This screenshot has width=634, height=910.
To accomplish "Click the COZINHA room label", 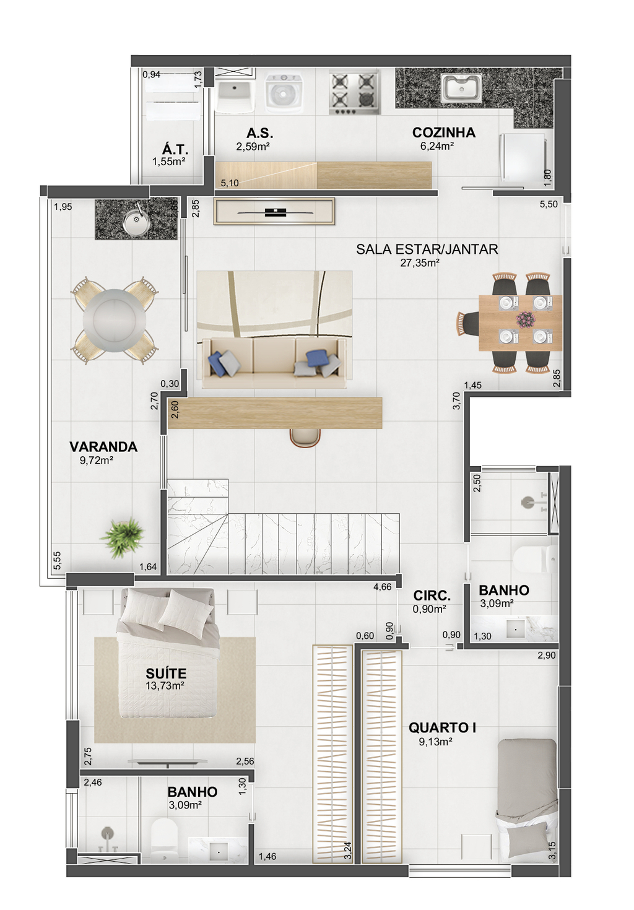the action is (x=443, y=132).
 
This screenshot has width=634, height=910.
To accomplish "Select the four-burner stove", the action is (x=354, y=92).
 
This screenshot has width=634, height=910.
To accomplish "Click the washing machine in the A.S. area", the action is (x=284, y=93).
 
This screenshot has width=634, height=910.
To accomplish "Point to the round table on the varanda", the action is (x=114, y=320).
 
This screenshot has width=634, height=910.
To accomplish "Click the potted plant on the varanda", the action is (x=123, y=537).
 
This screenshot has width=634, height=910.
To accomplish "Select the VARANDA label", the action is (x=103, y=447).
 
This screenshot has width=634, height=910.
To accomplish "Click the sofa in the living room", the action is (x=274, y=362).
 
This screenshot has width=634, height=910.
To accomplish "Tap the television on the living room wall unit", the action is (x=274, y=212).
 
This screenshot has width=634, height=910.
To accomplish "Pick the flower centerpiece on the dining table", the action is (x=526, y=319).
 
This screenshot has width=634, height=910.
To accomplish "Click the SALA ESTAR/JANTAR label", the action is (x=427, y=249).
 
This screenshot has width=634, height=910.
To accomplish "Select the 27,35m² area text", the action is (x=420, y=263).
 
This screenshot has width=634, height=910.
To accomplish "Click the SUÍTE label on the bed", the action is (x=166, y=674).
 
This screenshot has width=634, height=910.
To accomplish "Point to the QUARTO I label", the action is (x=442, y=728).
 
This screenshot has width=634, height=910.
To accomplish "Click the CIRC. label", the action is (x=432, y=596).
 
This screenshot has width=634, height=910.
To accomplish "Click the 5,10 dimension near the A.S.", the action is (x=230, y=184).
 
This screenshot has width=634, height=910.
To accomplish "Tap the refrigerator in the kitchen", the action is (x=523, y=157).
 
